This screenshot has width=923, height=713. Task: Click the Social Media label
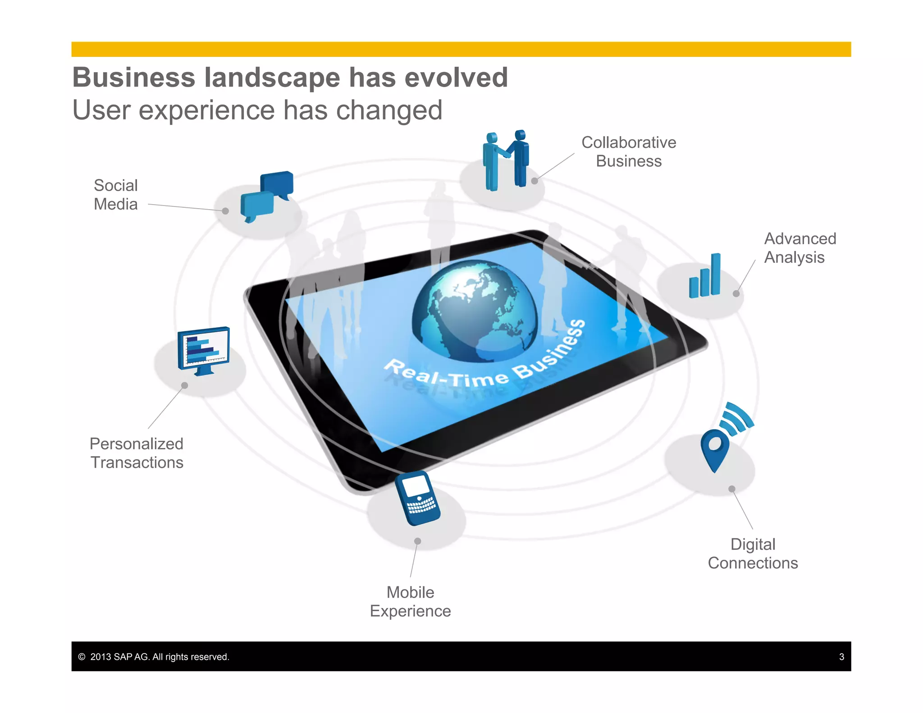116,195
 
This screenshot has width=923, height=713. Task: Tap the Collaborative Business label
629,152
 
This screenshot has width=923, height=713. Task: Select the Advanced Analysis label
800,248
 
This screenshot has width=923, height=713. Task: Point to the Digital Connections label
753,553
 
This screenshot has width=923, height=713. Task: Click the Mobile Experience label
410,602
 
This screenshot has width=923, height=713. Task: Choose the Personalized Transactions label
137,453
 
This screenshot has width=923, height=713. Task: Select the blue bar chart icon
705,276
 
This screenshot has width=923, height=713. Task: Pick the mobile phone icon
417,498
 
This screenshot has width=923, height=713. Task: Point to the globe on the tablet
475,311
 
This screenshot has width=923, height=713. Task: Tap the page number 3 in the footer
841,657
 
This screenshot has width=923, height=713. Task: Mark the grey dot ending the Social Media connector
225,211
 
